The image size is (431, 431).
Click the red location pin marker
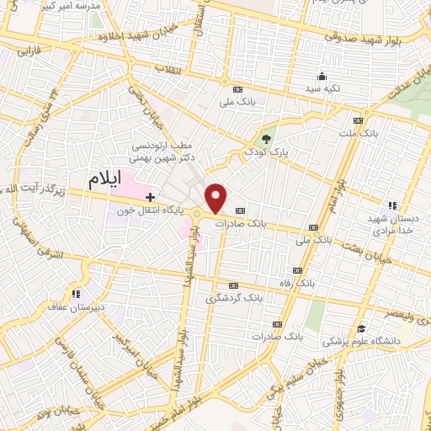[x=216, y=197]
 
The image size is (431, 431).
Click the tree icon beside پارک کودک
[x=267, y=139]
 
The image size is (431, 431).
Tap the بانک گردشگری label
[x=234, y=298]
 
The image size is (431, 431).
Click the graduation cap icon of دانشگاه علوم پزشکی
[x=361, y=328]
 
